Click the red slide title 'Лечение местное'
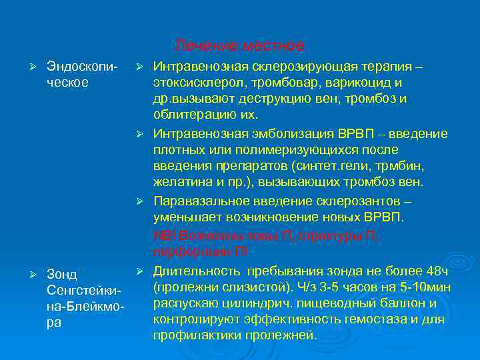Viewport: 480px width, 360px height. (x=241, y=46)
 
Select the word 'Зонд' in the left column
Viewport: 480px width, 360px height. (x=62, y=275)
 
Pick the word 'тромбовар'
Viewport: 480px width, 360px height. (x=269, y=83)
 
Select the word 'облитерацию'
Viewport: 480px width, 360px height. (x=189, y=114)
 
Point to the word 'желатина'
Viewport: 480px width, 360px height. (x=178, y=181)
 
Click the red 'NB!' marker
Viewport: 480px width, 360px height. (x=163, y=235)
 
